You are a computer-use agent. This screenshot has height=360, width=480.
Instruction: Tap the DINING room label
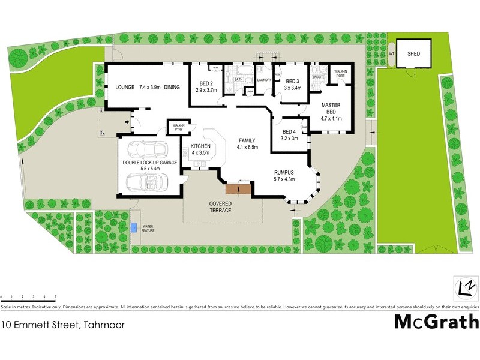(x=172, y=88)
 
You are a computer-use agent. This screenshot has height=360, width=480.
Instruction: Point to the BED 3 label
(x=292, y=82)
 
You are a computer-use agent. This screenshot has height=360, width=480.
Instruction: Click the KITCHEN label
(x=200, y=146)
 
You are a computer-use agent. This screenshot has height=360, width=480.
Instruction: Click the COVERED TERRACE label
(x=220, y=207)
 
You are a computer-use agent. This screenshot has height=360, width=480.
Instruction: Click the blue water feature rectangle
(x=133, y=228)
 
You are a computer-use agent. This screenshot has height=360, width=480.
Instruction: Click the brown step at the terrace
(x=238, y=188)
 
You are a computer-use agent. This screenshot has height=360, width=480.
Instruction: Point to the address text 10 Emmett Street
(x=46, y=326)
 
